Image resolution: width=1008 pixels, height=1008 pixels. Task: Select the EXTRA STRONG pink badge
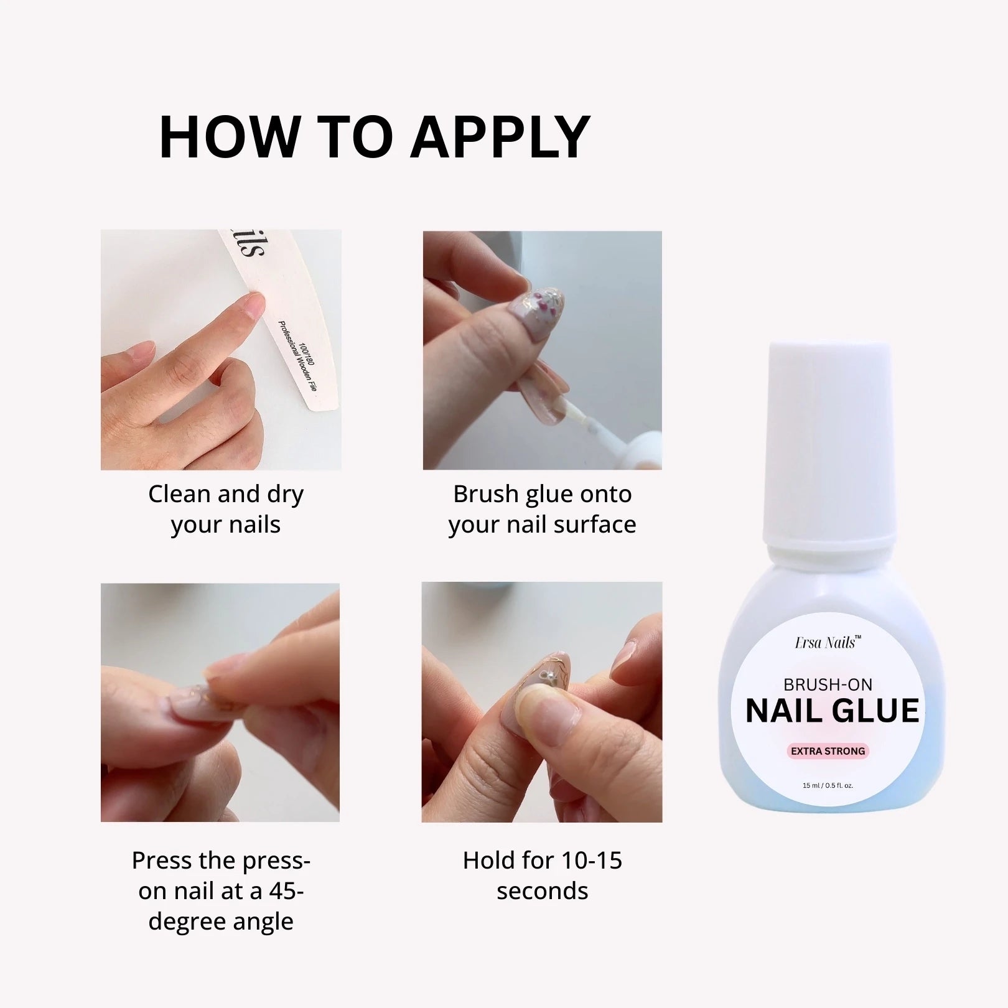pyautogui.click(x=828, y=751)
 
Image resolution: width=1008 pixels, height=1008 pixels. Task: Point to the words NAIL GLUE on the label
pyautogui.click(x=832, y=711)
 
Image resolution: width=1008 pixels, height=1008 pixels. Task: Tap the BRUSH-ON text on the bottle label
pyautogui.click(x=828, y=684)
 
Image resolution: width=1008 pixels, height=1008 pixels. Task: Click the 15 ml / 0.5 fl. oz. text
pyautogui.click(x=828, y=785)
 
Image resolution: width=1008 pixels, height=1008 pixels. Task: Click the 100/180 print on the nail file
pyautogui.click(x=306, y=353)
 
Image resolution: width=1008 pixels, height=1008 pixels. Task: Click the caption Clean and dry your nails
pyautogui.click(x=226, y=509)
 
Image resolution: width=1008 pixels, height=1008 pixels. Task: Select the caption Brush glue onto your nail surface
pyautogui.click(x=542, y=509)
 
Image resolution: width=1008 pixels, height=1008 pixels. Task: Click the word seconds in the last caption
pyautogui.click(x=542, y=891)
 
